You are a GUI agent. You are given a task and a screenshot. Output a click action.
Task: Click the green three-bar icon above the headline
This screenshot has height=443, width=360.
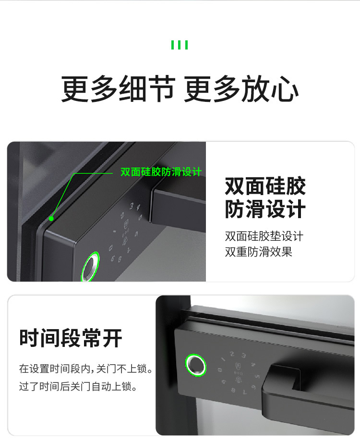pyautogui.click(x=180, y=45)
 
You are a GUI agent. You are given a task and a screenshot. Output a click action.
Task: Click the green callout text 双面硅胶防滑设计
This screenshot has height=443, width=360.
pyautogui.click(x=161, y=172)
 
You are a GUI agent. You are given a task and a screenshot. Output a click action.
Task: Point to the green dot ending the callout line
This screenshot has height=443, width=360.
pyautogui.click(x=51, y=219)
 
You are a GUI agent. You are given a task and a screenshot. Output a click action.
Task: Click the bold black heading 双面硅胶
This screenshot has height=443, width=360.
pyautogui.click(x=265, y=186)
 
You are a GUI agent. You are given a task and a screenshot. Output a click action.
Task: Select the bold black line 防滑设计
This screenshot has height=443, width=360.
pyautogui.click(x=265, y=209)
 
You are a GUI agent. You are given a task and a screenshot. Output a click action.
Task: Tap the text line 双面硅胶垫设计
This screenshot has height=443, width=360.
pyautogui.click(x=264, y=236)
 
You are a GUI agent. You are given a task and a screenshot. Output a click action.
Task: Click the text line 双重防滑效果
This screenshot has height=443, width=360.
pyautogui.click(x=258, y=252)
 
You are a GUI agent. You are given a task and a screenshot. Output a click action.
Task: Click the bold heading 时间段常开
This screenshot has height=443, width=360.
pyautogui.click(x=71, y=338)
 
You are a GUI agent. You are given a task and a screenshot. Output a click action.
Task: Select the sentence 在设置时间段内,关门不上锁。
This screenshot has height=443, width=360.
pyautogui.click(x=86, y=369)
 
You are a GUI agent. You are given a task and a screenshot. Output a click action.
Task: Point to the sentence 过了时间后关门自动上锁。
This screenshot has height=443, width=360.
pyautogui.click(x=78, y=386)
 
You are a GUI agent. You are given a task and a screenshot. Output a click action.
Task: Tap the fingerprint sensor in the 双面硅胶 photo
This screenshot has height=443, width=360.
pyautogui.click(x=90, y=266)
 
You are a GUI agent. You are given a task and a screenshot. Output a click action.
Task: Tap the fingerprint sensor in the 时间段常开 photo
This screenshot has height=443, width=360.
pyautogui.click(x=196, y=365)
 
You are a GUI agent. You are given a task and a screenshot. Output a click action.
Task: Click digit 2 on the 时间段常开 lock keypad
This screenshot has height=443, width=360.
pyautogui.click(x=232, y=354)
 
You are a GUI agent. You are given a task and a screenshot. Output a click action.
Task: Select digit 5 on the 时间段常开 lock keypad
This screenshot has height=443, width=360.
pyautogui.click(x=257, y=376)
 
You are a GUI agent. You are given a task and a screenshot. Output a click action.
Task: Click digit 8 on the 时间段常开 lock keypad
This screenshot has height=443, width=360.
pyautogui.click(x=233, y=390)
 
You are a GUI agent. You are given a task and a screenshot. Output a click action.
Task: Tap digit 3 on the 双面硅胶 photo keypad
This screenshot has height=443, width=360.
pyautogui.click(x=132, y=206)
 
